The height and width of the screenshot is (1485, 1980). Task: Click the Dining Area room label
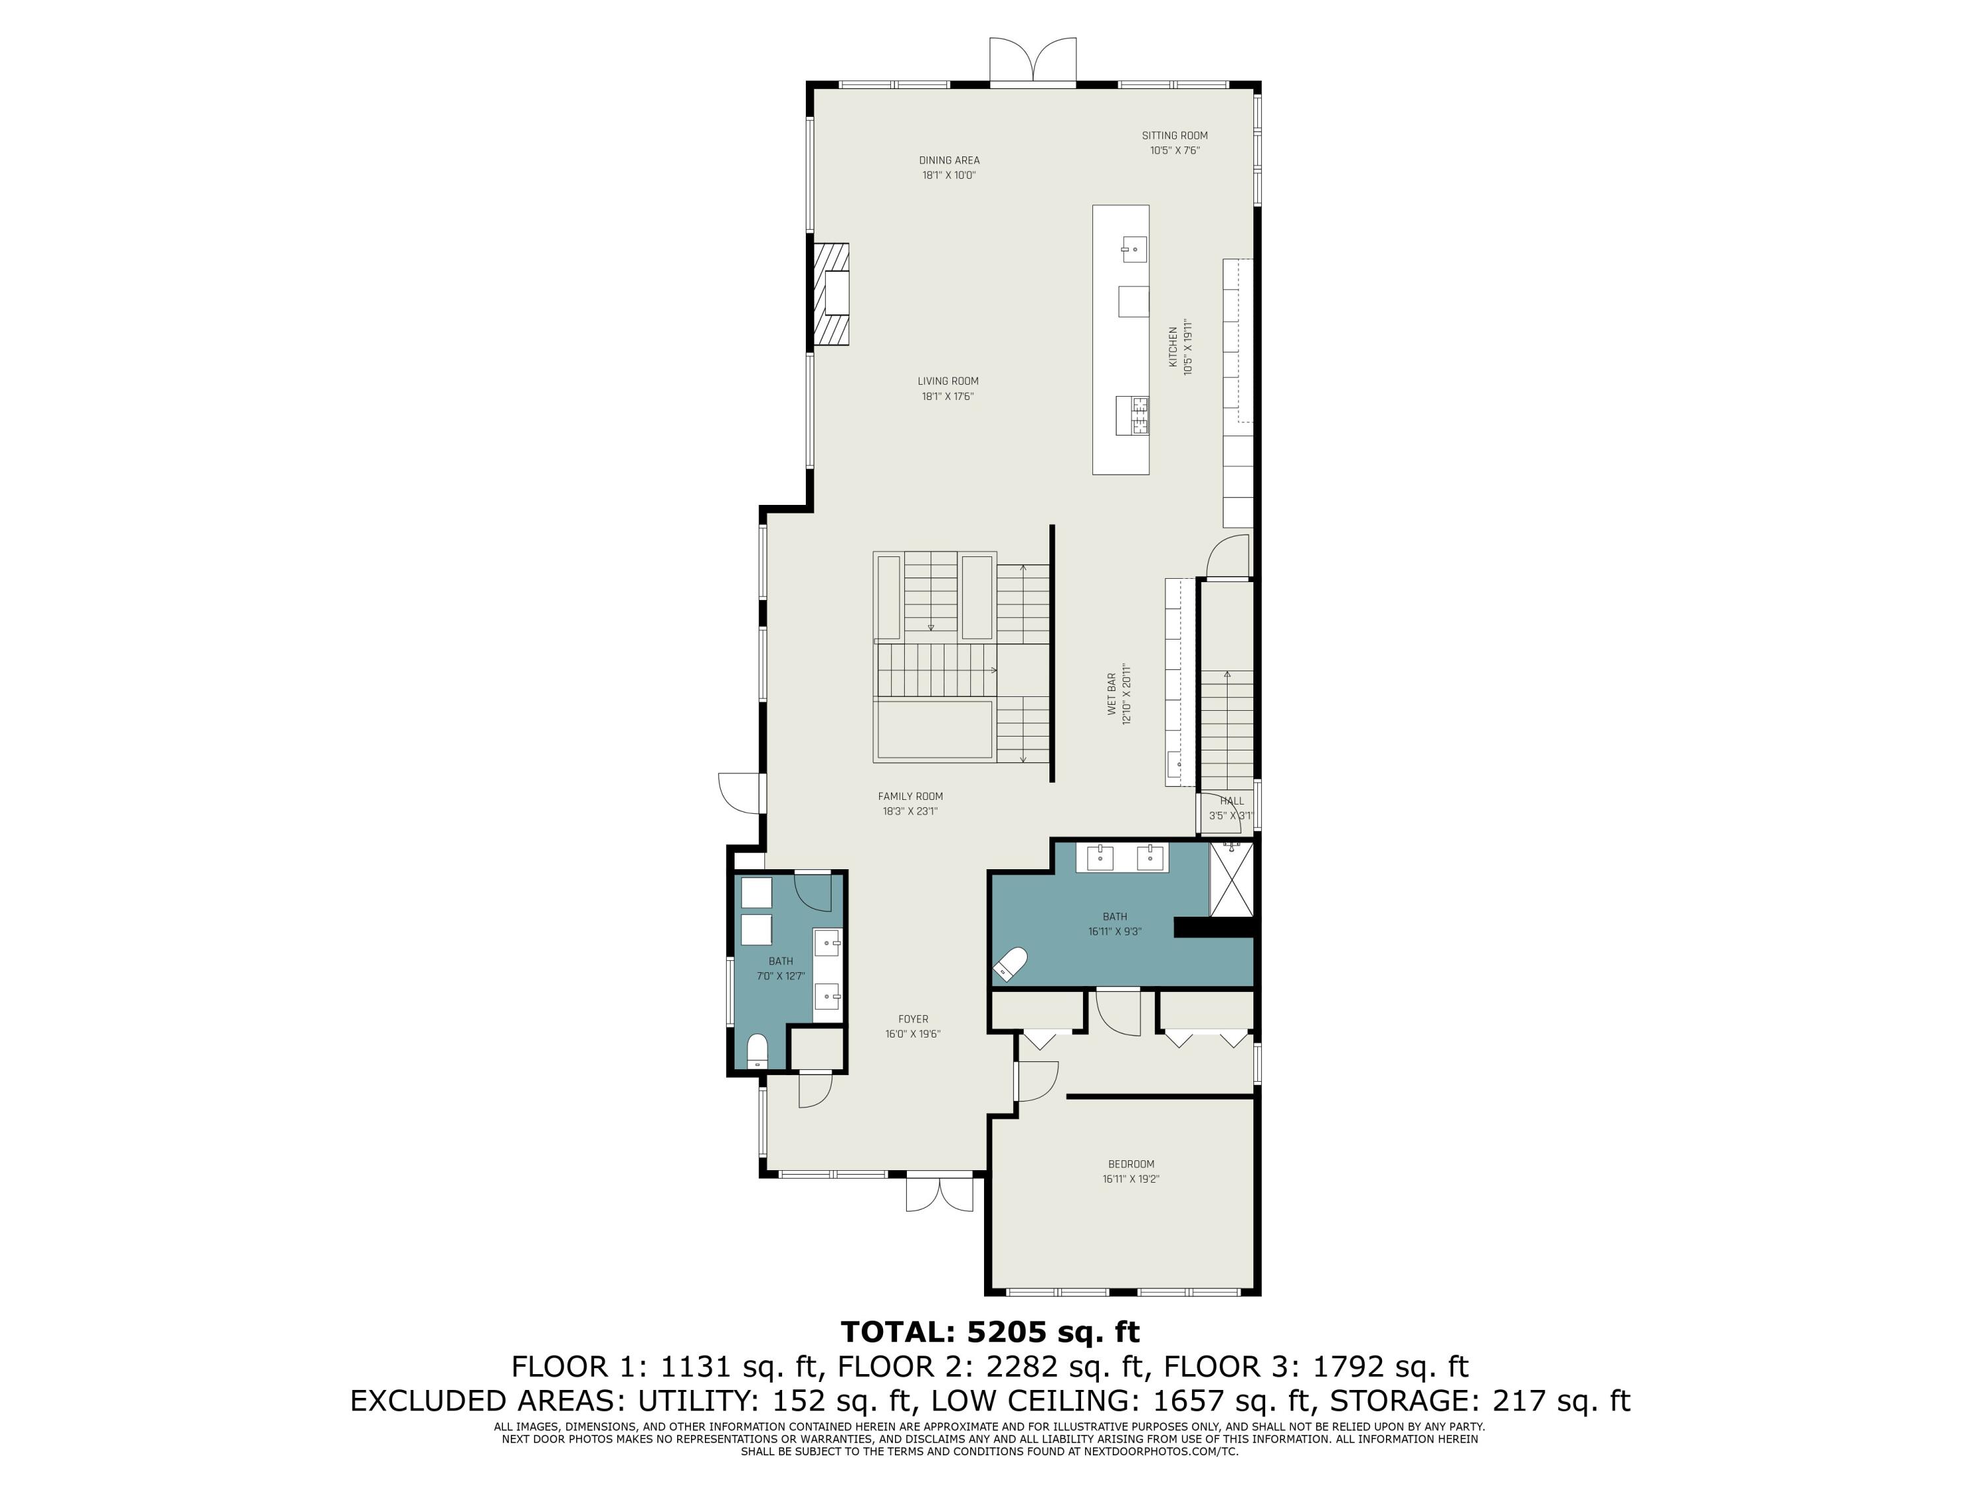tap(949, 161)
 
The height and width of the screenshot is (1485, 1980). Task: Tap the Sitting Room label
tap(1174, 136)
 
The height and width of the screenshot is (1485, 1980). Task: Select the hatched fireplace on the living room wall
tap(204, 294)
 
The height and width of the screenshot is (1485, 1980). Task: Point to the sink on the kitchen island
tap(1134, 249)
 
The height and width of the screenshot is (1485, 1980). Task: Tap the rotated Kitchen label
tap(1173, 346)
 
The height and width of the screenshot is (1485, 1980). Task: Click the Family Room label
tap(910, 796)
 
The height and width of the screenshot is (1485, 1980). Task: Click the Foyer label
tap(913, 1018)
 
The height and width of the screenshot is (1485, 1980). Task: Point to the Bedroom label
tap(1131, 1164)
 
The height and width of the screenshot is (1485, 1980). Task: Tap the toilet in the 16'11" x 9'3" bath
tap(1010, 964)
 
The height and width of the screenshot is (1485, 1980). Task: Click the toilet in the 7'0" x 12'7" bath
tap(757, 1051)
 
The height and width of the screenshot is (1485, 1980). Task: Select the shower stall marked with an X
tap(1232, 880)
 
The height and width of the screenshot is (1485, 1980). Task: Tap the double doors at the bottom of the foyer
tap(939, 1193)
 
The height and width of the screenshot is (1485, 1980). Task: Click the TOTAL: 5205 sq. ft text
tap(990, 1332)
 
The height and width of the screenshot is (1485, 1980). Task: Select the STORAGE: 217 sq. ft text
tap(1480, 1401)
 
